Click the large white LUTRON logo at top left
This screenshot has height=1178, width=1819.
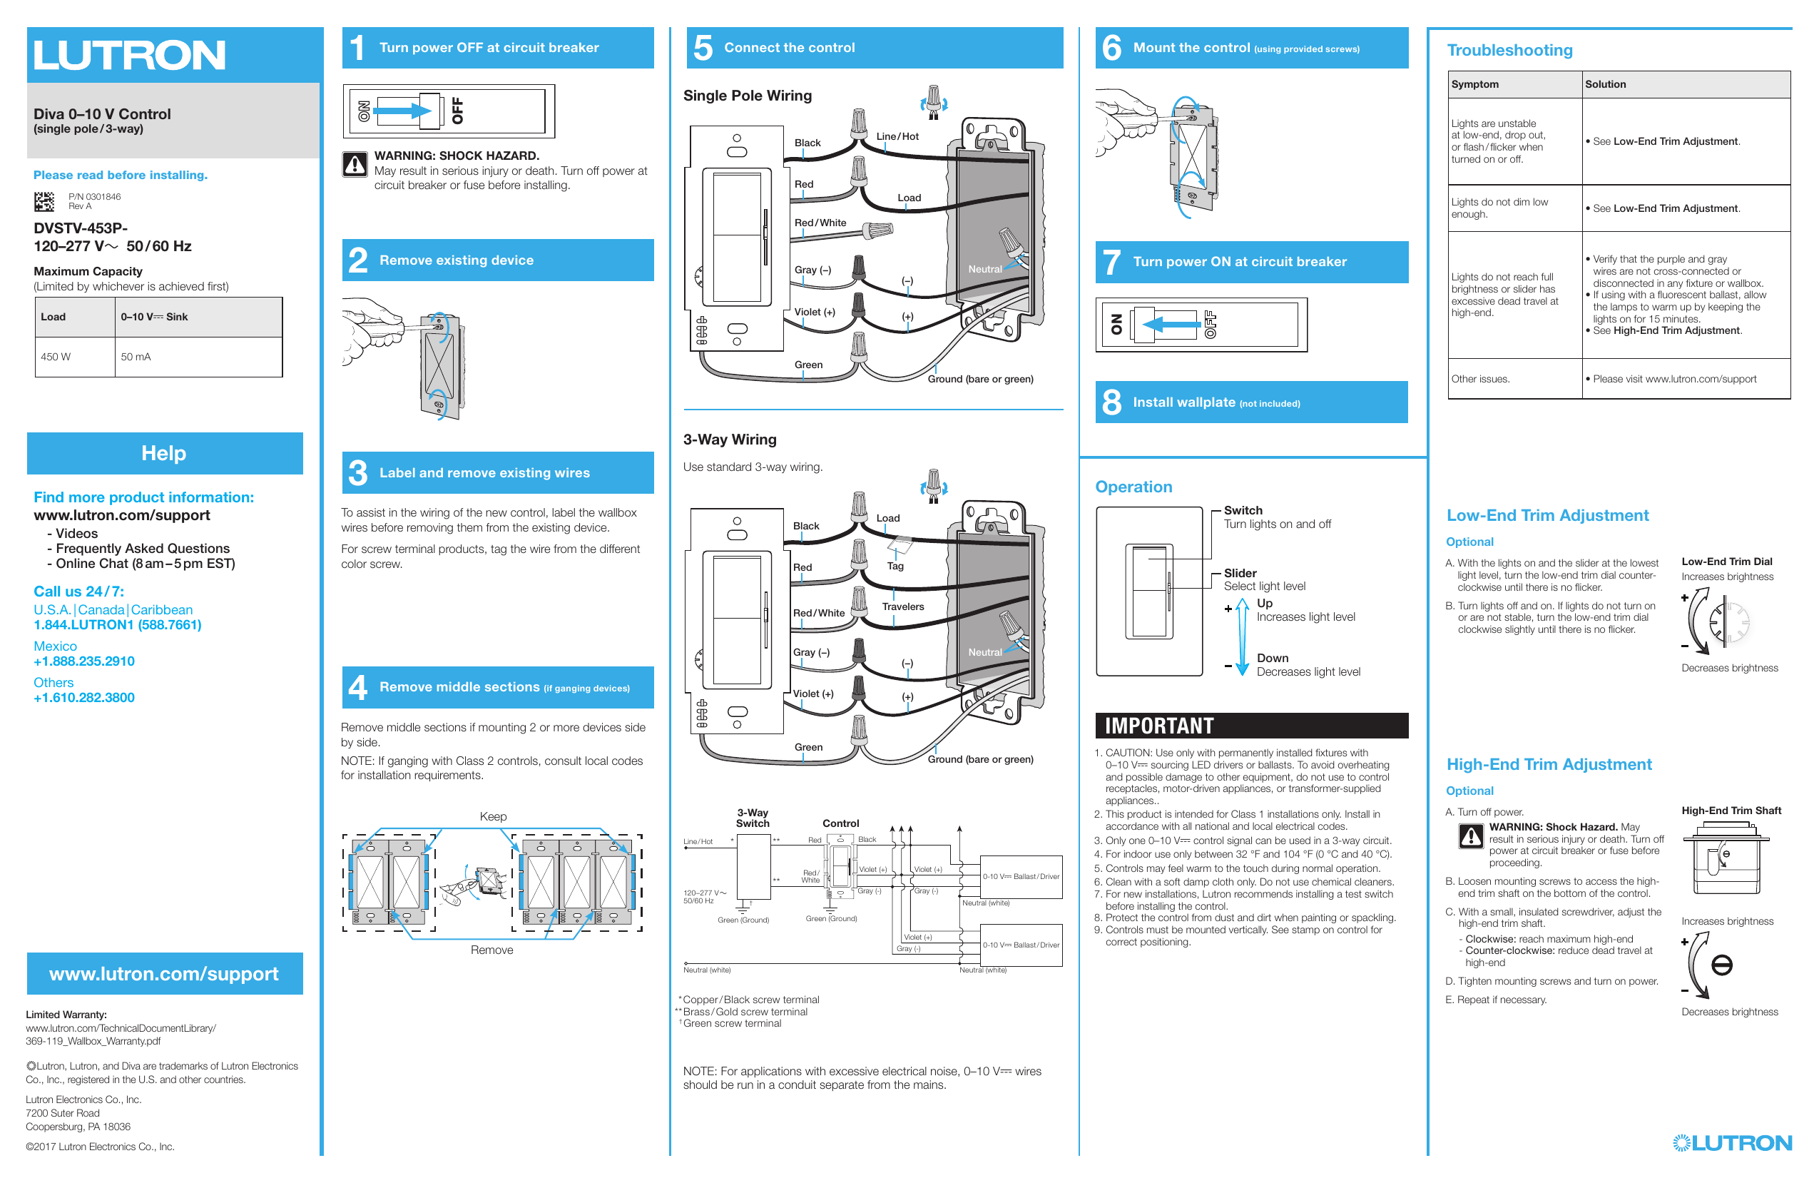click(x=129, y=55)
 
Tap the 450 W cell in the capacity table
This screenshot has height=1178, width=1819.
click(x=56, y=357)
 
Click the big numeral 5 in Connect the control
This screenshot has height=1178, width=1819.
click(x=703, y=48)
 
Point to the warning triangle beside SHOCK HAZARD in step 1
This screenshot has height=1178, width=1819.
click(x=355, y=163)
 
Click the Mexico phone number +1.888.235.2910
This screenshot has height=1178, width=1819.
click(x=84, y=661)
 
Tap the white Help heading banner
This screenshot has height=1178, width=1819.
click(x=163, y=453)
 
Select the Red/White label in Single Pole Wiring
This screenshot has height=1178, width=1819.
click(x=820, y=223)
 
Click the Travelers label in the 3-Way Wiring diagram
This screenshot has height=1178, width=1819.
click(x=902, y=606)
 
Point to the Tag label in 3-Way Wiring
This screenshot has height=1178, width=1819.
click(x=895, y=567)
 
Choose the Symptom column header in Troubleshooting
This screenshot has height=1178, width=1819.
click(x=1474, y=84)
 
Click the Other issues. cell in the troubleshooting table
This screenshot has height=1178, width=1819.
click(x=1480, y=379)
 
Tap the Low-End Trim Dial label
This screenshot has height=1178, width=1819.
click(x=1726, y=561)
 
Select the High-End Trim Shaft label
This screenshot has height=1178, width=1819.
click(x=1731, y=811)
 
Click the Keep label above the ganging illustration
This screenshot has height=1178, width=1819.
click(x=493, y=816)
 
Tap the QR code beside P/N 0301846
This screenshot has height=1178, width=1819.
click(x=45, y=202)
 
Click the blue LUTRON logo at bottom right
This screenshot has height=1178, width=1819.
click(x=1732, y=1143)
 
